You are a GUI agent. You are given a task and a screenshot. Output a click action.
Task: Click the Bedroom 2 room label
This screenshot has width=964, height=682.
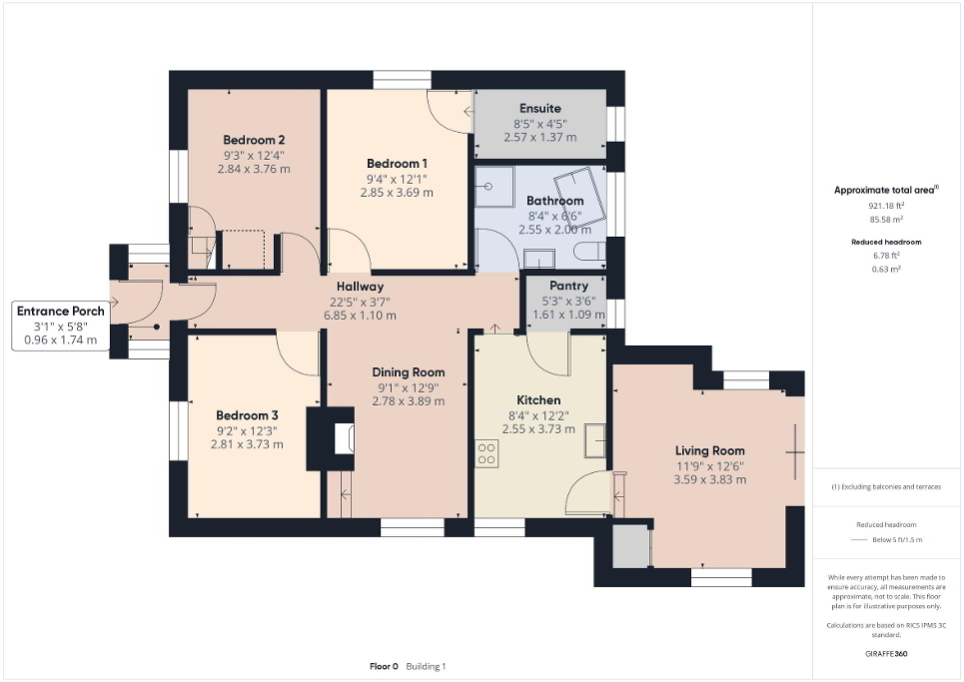[254, 140]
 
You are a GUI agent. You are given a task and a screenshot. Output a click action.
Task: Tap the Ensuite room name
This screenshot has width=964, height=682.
[539, 108]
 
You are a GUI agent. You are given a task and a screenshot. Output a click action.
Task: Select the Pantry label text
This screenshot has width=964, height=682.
[568, 286]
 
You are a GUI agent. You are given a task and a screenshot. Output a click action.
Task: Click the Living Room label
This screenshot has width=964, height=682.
[709, 450]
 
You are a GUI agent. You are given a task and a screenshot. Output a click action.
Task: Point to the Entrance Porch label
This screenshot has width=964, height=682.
[60, 312]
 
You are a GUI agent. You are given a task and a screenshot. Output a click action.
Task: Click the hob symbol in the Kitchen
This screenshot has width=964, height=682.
[487, 453]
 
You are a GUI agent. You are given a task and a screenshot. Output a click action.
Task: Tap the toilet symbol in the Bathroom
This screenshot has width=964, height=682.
[592, 251]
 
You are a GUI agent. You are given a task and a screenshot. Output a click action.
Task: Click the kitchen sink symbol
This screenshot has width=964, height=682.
[595, 439]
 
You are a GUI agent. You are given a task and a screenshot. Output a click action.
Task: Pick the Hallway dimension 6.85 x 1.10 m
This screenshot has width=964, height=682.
[359, 316]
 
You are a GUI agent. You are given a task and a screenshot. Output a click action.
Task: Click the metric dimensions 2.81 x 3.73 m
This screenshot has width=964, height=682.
[247, 444]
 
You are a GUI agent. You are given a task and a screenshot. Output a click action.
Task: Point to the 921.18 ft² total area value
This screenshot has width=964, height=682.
[879, 205]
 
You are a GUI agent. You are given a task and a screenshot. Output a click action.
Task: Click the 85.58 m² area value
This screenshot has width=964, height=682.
[879, 218]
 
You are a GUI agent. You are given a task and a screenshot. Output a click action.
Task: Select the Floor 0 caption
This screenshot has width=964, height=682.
[384, 666]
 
